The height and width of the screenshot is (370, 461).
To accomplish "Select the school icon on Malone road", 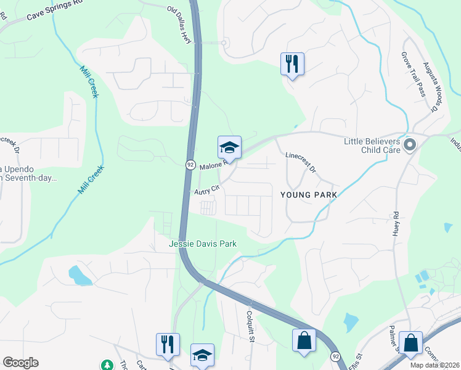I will click(x=229, y=149).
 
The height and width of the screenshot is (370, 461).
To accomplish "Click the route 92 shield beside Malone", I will click(x=191, y=165).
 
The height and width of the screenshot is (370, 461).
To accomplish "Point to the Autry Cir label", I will click(x=206, y=191).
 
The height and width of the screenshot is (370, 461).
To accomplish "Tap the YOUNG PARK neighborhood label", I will click(x=308, y=195).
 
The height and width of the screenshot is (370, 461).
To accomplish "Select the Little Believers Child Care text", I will click(x=372, y=146).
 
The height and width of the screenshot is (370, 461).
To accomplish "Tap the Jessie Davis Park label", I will click(x=203, y=244).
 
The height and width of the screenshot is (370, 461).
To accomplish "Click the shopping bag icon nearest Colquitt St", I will click(x=304, y=340).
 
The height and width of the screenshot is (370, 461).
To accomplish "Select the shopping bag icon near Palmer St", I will click(x=410, y=343).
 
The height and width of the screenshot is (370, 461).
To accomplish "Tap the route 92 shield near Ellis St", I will click(x=335, y=356).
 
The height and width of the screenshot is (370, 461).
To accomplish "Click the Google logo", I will click(x=20, y=363).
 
